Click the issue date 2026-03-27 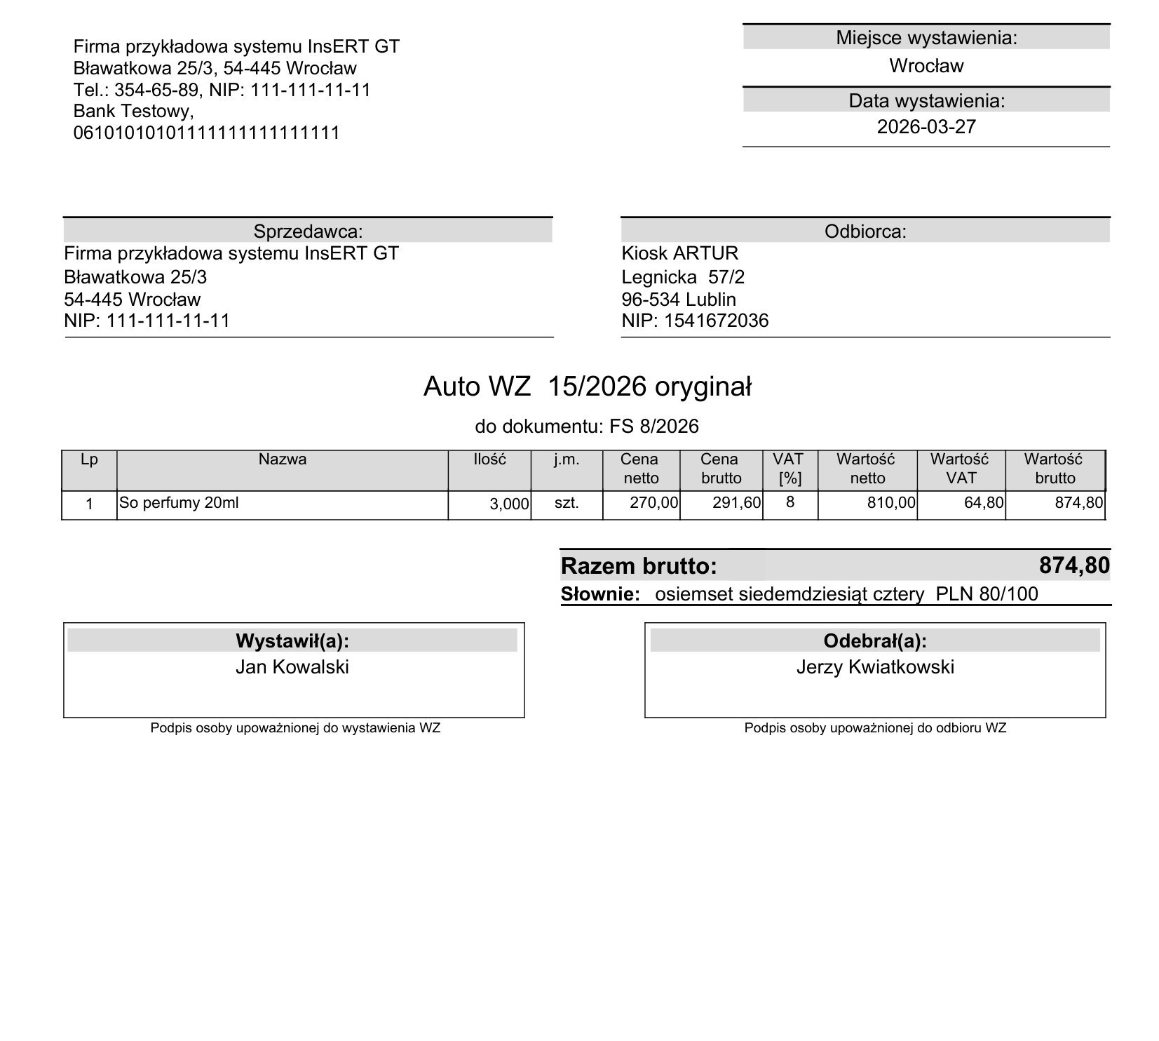coord(926,127)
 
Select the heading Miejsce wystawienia coord(926,38)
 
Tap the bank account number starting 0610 coord(206,133)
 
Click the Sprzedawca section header coord(308,231)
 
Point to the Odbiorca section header coord(865,231)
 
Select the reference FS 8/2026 coord(653,427)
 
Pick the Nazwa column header coord(282,459)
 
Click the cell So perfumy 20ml coord(179,503)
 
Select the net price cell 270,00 coord(653,503)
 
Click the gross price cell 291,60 coord(736,503)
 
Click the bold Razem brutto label coord(639,566)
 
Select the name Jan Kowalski coord(292,667)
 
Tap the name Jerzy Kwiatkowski coord(874,667)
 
